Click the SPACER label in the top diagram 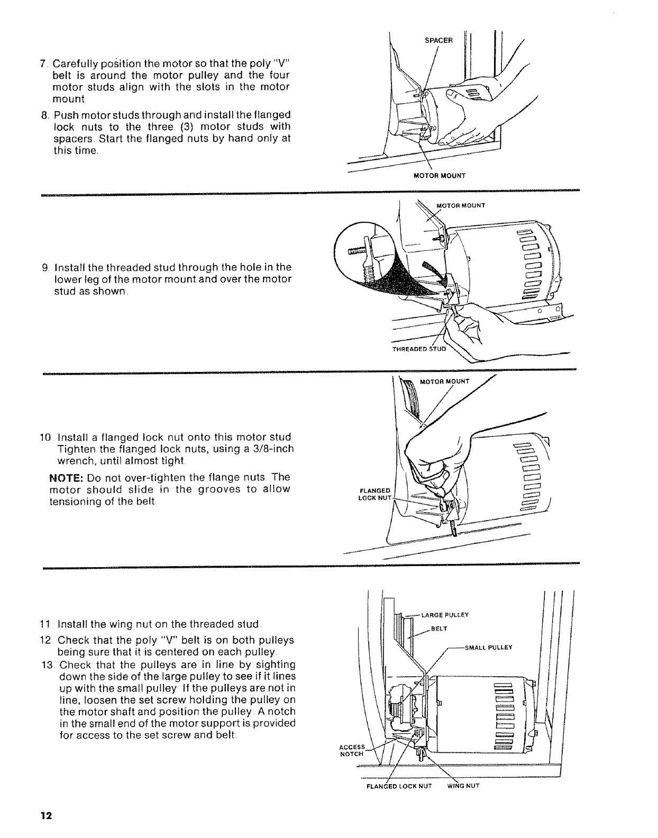click(438, 40)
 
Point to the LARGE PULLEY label click(443, 615)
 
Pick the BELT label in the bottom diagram click(439, 629)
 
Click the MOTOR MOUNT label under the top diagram click(440, 176)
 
